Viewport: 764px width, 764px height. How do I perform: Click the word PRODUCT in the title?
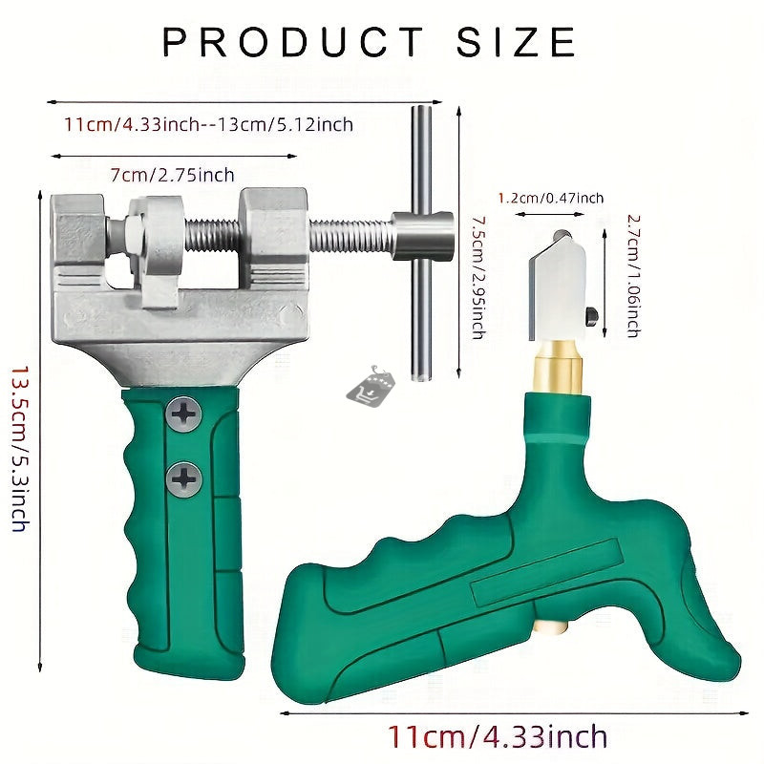click(x=293, y=42)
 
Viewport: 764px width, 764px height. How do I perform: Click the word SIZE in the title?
click(x=517, y=42)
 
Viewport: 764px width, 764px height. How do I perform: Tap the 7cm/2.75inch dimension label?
click(x=173, y=175)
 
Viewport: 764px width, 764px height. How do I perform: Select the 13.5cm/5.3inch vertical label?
click(x=20, y=449)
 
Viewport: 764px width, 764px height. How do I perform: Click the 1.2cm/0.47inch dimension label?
click(x=551, y=198)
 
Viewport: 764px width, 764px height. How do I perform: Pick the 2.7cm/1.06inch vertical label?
click(x=633, y=276)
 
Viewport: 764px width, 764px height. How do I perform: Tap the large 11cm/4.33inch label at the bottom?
click(x=498, y=736)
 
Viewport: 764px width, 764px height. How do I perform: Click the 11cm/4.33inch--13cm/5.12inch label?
click(x=208, y=125)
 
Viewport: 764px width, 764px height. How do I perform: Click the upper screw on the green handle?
click(x=183, y=414)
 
